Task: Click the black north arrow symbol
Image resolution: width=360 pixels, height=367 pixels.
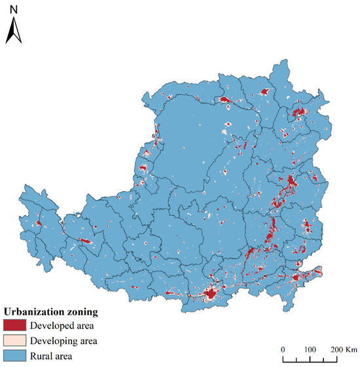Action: point(14,31)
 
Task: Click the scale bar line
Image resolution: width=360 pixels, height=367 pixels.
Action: point(310,358)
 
